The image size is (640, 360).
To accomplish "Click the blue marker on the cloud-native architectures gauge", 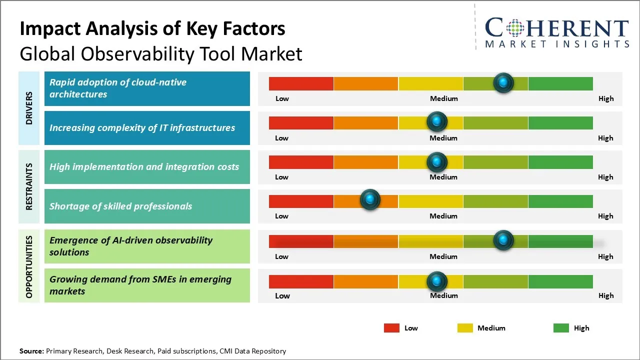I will (x=503, y=82).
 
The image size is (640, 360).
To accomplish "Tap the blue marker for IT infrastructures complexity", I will (x=437, y=121).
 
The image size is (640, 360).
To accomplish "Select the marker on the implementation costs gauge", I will (x=437, y=161).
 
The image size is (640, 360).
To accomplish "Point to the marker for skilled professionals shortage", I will (x=370, y=200).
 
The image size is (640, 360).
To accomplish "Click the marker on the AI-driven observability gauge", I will (x=503, y=240).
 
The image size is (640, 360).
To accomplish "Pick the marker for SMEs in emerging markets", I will (x=437, y=281).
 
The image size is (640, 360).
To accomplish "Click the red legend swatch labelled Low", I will (x=391, y=328).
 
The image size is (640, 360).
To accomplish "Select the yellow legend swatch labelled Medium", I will (x=465, y=328).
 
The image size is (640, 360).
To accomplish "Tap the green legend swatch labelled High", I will (x=561, y=328).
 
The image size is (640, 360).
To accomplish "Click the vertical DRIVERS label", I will (x=29, y=108).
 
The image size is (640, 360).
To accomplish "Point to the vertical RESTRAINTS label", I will (x=29, y=186).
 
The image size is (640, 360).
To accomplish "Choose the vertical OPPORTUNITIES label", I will (x=29, y=266).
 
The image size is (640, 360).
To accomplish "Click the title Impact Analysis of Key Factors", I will (x=152, y=28).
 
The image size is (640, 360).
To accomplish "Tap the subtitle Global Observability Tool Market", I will (x=161, y=53).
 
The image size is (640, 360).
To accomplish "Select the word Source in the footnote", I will (x=31, y=351).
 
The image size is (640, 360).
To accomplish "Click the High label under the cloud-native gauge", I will (x=606, y=98).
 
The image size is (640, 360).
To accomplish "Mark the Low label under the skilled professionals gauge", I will (x=281, y=216).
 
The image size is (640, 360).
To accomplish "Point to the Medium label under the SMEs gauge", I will (x=444, y=295).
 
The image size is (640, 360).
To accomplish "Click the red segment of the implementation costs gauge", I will (x=301, y=162).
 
